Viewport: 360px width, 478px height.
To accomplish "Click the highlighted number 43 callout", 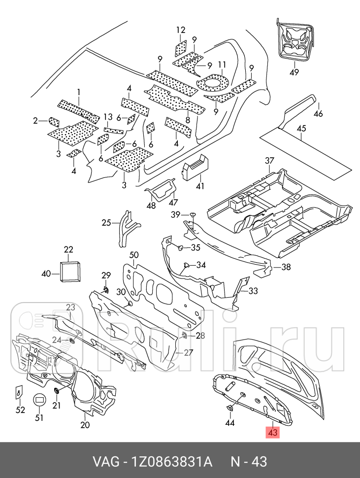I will pyautogui.click(x=272, y=433).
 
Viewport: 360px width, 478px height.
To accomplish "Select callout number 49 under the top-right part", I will pyautogui.click(x=294, y=72).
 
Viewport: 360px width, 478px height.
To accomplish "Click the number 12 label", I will pyautogui.click(x=181, y=30).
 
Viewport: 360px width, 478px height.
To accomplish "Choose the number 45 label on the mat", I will pyautogui.click(x=301, y=129).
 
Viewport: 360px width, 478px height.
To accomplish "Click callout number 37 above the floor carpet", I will pyautogui.click(x=269, y=161).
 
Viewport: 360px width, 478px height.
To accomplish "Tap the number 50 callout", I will pyautogui.click(x=134, y=255).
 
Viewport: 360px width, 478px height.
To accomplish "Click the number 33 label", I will pyautogui.click(x=253, y=291).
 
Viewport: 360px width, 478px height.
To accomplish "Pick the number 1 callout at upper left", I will pyautogui.click(x=78, y=92).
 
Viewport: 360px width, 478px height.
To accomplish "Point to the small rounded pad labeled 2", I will pyautogui.click(x=53, y=121).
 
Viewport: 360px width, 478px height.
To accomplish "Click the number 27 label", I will pyautogui.click(x=189, y=352).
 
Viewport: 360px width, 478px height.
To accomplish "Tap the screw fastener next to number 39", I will pyautogui.click(x=193, y=214).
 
